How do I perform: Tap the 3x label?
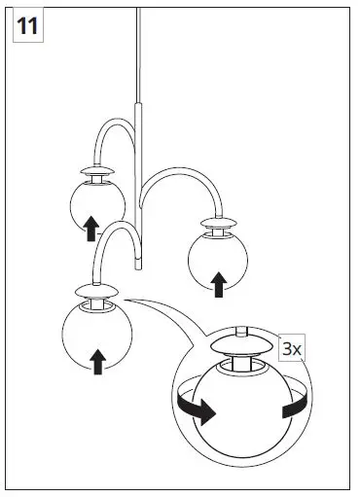[x=292, y=348]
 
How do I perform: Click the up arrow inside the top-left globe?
[x=90, y=228]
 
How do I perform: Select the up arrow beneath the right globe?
[x=219, y=283]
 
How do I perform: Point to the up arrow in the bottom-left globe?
[x=97, y=361]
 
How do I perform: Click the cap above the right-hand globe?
[x=219, y=223]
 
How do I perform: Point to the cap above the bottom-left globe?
[x=95, y=290]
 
